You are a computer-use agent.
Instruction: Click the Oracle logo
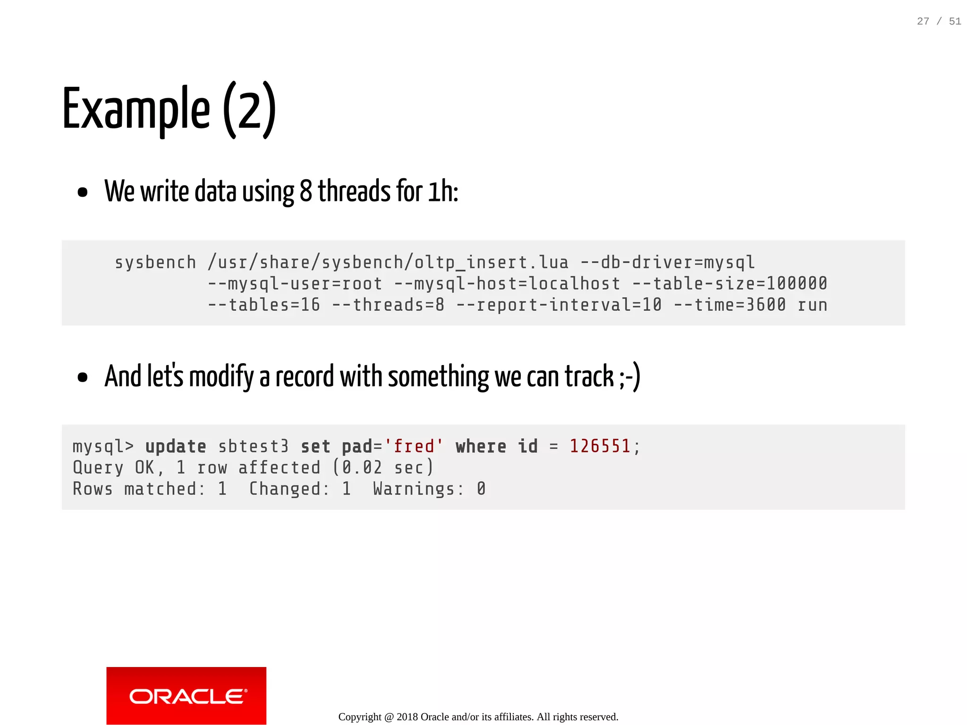[x=186, y=696]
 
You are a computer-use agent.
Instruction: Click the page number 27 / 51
[x=938, y=21]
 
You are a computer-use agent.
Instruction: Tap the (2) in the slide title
[x=249, y=109]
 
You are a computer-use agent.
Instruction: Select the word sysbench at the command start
[x=155, y=262]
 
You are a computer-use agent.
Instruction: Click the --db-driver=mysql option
[x=667, y=262]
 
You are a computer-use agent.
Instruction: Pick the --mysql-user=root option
[x=295, y=283]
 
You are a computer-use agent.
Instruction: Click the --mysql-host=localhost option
[x=507, y=283]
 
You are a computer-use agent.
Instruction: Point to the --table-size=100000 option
[x=729, y=283]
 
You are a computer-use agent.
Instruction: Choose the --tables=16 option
[x=263, y=305]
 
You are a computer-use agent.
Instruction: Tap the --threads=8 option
[x=388, y=305]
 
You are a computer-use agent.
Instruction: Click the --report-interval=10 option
[x=559, y=305]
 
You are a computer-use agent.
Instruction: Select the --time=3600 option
[x=729, y=305]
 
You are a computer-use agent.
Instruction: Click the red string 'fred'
[x=414, y=446]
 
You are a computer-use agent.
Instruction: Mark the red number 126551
[x=600, y=446]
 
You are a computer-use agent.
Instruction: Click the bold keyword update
[x=176, y=446]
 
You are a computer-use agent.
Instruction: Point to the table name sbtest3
[x=253, y=446]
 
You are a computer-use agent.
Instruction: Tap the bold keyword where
[x=481, y=446]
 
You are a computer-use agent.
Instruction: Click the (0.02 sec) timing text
[x=383, y=467]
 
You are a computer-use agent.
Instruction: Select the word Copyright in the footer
[x=359, y=717]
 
